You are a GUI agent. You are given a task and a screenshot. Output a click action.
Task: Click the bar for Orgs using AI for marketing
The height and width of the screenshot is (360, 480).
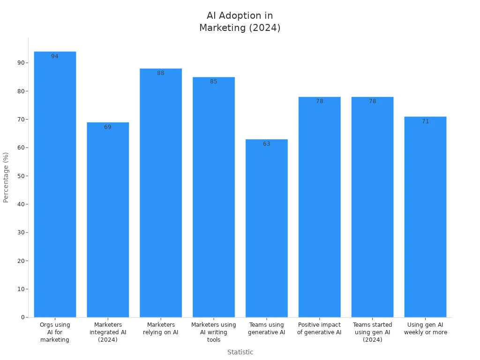pyautogui.click(x=55, y=187)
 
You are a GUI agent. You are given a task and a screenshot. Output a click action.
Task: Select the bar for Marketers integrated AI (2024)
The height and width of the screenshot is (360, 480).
pyautogui.click(x=108, y=220)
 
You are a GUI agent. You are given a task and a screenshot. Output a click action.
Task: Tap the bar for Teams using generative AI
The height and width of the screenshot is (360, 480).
pyautogui.click(x=266, y=230)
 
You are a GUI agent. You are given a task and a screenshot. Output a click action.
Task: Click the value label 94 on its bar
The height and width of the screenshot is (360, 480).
pyautogui.click(x=55, y=56)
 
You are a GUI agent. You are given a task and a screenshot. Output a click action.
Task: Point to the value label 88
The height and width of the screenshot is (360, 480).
pyautogui.click(x=161, y=73)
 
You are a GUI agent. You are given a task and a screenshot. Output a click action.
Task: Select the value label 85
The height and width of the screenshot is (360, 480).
pyautogui.click(x=214, y=82)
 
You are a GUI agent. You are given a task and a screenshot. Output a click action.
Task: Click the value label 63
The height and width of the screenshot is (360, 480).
pyautogui.click(x=266, y=144)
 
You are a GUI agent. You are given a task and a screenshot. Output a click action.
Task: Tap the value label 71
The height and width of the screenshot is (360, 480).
pyautogui.click(x=425, y=121)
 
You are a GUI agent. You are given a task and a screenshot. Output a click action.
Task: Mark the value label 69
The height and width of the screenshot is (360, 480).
pyautogui.click(x=108, y=127)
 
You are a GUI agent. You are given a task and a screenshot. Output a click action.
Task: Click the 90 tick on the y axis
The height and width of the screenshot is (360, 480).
pyautogui.click(x=21, y=63)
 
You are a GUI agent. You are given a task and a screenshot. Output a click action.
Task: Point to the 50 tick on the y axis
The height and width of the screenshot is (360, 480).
pyautogui.click(x=21, y=176)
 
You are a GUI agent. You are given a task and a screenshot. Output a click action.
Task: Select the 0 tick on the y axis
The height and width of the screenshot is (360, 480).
pyautogui.click(x=22, y=317)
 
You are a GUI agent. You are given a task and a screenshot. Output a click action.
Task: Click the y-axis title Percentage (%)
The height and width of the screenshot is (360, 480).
pyautogui.click(x=6, y=177)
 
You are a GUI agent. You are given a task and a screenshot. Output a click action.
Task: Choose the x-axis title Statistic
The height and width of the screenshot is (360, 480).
pyautogui.click(x=240, y=352)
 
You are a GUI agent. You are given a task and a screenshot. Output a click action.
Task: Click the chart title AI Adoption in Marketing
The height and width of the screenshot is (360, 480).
pyautogui.click(x=240, y=22)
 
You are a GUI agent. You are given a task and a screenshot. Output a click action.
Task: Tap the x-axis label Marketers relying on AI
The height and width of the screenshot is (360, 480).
pyautogui.click(x=161, y=329)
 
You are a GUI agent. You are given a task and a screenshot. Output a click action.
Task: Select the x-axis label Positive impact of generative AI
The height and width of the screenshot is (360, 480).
pyautogui.click(x=319, y=329)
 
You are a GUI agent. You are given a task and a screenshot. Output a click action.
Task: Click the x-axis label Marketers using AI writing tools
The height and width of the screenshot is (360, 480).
pyautogui.click(x=214, y=332)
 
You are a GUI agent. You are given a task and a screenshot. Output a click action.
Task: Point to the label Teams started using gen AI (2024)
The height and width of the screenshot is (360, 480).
pyautogui.click(x=372, y=332)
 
